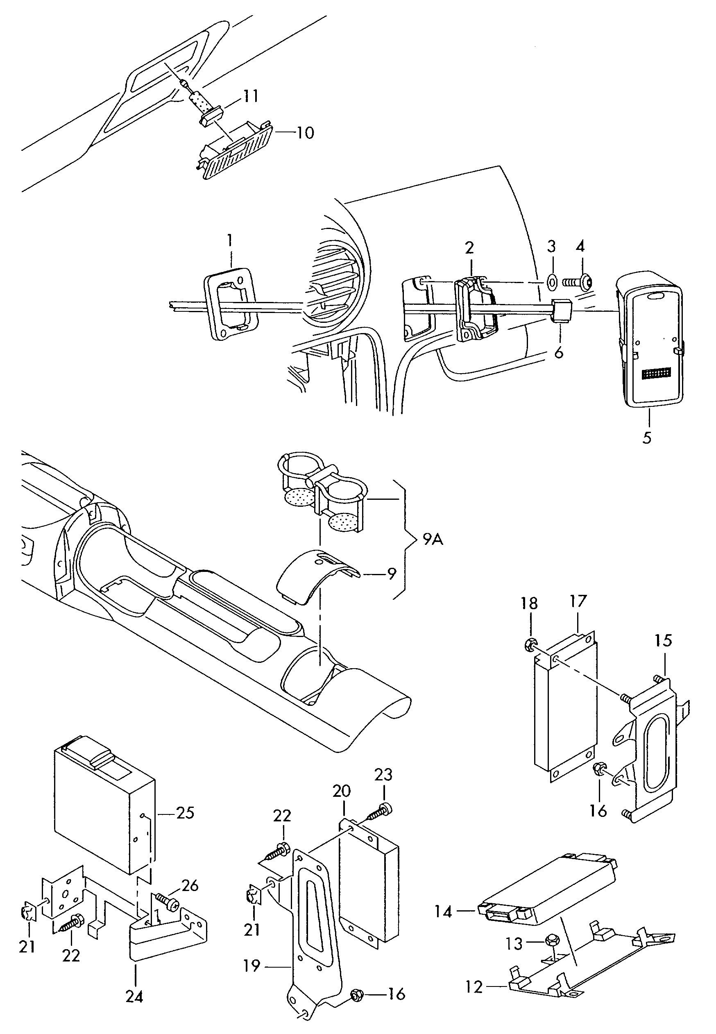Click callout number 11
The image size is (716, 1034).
pyautogui.click(x=251, y=96)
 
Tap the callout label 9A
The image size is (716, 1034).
pyautogui.click(x=433, y=539)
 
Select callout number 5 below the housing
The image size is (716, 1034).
pyautogui.click(x=646, y=438)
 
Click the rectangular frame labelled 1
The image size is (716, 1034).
pyautogui.click(x=230, y=306)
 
